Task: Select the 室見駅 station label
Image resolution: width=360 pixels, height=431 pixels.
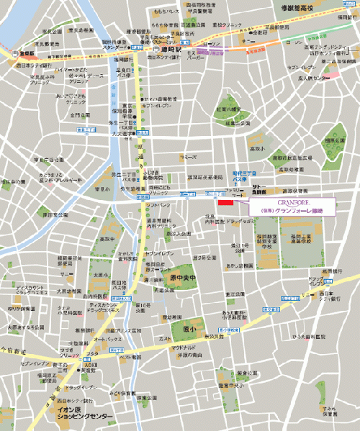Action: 18,53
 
